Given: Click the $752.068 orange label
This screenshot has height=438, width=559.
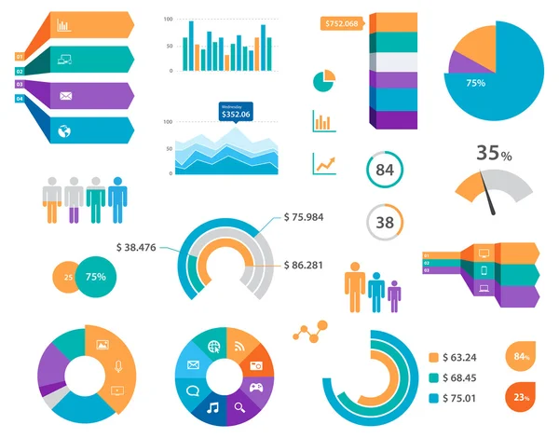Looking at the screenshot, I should [x=340, y=24].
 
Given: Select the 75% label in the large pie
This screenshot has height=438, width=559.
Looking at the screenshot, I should [x=476, y=83].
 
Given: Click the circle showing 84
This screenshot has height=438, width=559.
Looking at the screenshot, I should [x=384, y=170].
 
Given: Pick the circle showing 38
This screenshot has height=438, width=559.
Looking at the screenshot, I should [x=384, y=222].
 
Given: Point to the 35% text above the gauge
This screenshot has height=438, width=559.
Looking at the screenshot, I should [x=495, y=153].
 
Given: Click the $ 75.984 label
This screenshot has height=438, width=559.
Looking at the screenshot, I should [x=307, y=217].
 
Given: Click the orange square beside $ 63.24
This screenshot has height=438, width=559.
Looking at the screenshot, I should [x=433, y=357].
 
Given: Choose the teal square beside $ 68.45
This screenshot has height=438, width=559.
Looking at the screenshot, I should [x=433, y=377].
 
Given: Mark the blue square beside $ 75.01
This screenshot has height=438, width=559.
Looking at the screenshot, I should [x=433, y=398].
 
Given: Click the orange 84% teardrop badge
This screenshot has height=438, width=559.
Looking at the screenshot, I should [x=521, y=357].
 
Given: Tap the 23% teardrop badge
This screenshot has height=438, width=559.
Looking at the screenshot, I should [x=521, y=397].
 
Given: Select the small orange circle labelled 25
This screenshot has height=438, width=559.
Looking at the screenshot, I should [x=66, y=277].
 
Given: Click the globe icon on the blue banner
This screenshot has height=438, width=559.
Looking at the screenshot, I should [x=64, y=130].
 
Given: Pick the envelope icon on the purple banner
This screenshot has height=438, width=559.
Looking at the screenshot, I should [x=65, y=95].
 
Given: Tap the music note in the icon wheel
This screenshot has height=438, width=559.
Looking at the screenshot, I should [x=212, y=407].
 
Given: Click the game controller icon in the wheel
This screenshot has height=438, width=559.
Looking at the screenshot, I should [x=254, y=387].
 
